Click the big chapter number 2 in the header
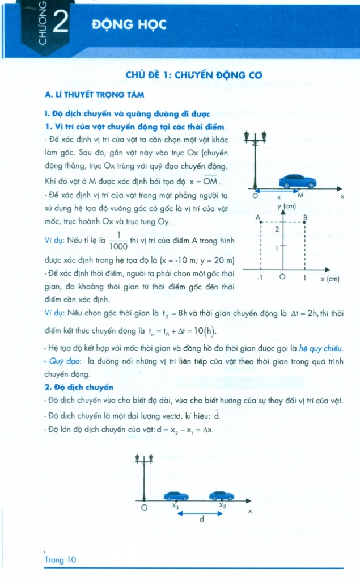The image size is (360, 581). pos(60,24)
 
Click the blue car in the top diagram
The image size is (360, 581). pos(297,181)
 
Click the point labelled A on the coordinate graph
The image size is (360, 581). pos(259,218)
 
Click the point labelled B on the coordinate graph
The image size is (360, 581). pos(306,218)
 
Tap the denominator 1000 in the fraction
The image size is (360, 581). pos(118,246)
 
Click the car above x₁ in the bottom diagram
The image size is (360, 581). pos(176,495)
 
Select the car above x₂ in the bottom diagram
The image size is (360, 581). pos(221,495)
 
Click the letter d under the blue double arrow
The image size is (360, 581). pos(201,519)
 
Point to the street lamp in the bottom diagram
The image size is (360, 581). pos(144,477)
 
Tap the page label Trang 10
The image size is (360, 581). pos(60,559)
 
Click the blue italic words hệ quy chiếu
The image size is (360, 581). pos(323,348)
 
